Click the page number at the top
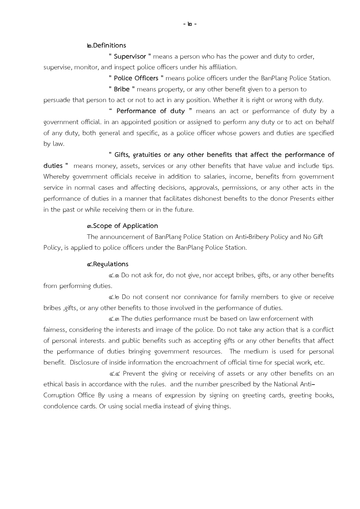190,24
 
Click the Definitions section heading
106,46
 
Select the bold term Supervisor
130,57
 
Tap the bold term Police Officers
136,78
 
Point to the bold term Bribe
122,89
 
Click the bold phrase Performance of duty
151,111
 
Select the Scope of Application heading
122,226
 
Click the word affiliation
222,67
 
